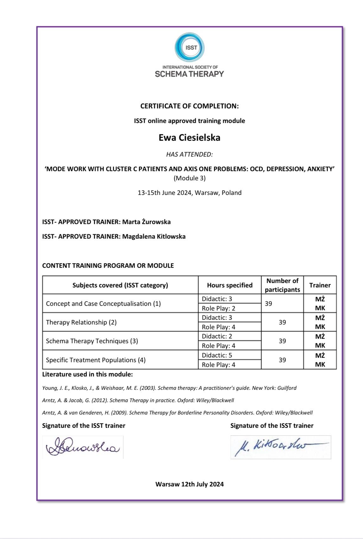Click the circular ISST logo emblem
(x=189, y=48)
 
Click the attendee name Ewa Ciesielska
(x=189, y=138)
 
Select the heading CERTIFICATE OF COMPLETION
(x=189, y=106)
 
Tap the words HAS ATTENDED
(x=189, y=154)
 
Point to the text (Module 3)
(x=189, y=178)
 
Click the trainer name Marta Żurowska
(x=146, y=222)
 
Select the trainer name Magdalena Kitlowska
(x=154, y=236)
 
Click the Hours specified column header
(x=230, y=285)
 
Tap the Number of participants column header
(x=282, y=285)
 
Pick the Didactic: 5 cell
(x=217, y=355)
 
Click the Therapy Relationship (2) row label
(x=81, y=322)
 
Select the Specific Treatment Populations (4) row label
(x=96, y=360)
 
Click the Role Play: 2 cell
(x=218, y=308)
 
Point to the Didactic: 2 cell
(x=217, y=336)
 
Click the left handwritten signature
(x=83, y=447)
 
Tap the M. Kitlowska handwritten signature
(x=280, y=447)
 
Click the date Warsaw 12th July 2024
(x=189, y=484)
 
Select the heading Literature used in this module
(x=87, y=374)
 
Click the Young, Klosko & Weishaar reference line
(x=169, y=388)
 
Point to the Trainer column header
(x=320, y=285)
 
